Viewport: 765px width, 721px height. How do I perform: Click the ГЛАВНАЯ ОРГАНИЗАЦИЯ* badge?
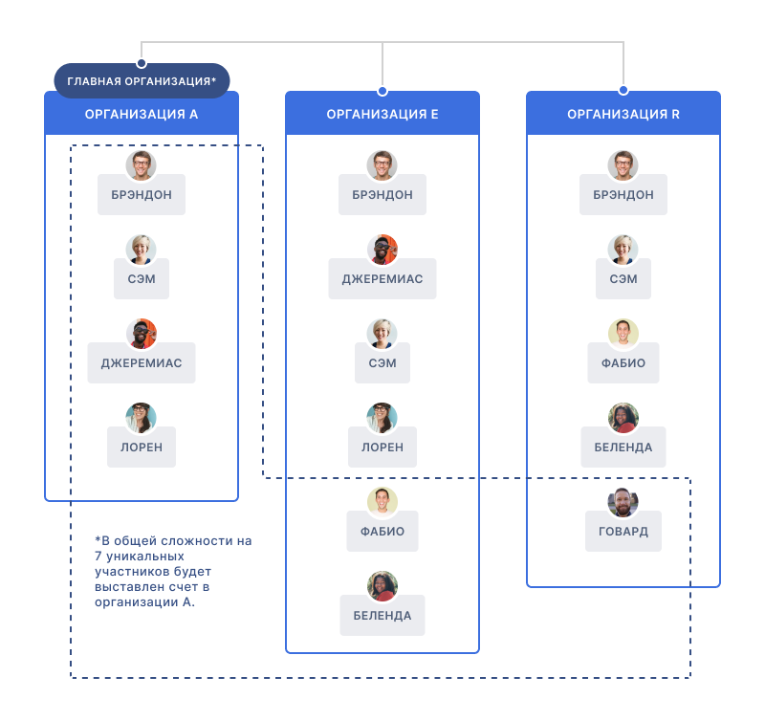142,81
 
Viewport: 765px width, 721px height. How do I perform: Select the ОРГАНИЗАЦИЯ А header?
142,114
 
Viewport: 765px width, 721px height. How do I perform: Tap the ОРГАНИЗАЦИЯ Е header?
382,114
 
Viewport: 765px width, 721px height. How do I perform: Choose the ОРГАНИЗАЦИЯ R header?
623,114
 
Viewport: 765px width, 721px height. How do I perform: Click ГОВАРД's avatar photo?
623,502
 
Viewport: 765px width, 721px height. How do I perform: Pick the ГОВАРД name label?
623,532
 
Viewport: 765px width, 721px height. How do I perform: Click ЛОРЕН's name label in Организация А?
142,447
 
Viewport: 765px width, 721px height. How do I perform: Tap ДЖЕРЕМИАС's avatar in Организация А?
142,334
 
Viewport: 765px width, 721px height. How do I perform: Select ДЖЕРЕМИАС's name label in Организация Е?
382,278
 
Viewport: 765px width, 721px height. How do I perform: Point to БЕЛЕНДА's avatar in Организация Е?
382,586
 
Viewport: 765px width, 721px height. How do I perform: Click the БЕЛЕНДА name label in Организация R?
623,447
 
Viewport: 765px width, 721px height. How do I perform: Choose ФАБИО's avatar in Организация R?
623,334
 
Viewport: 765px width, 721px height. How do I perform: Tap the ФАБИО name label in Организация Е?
382,532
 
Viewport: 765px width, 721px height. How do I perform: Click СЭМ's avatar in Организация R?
623,250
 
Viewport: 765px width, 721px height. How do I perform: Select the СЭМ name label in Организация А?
142,278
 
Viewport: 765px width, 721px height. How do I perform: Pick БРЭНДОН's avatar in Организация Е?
382,165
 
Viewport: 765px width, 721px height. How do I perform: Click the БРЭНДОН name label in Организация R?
623,194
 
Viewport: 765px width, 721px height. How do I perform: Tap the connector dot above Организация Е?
382,91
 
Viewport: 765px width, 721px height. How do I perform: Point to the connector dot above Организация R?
623,91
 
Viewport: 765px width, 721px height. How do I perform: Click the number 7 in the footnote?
98,557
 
